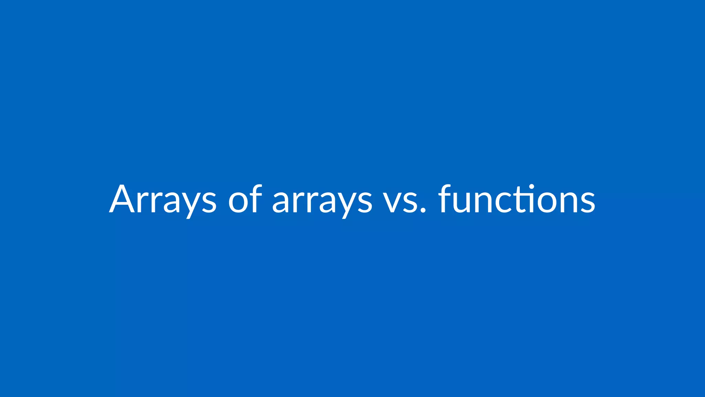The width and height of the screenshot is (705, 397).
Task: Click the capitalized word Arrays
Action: pos(163,200)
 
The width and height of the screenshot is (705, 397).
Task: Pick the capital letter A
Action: pos(122,199)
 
